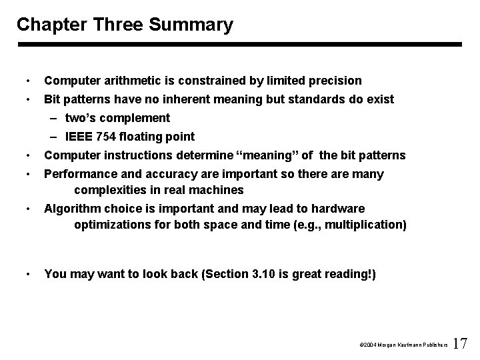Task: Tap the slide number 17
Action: click(x=460, y=344)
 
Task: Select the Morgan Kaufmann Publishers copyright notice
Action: click(x=402, y=345)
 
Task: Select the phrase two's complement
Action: click(x=117, y=118)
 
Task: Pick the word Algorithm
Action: click(x=69, y=209)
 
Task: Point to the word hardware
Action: click(x=339, y=209)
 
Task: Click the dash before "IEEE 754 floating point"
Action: click(x=53, y=137)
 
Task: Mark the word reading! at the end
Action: click(x=351, y=274)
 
